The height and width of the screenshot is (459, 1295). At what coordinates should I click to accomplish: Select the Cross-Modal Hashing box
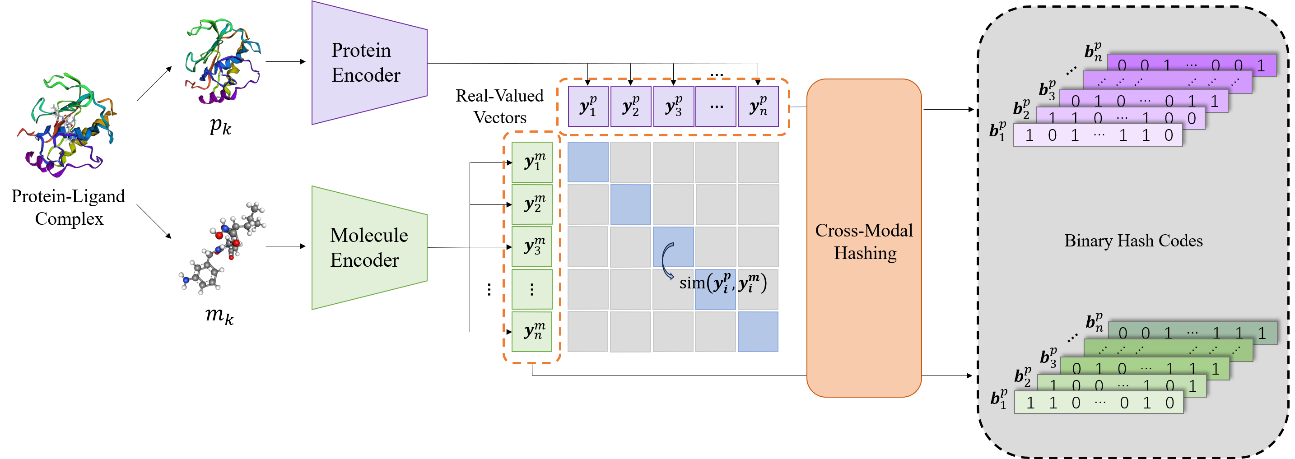(864, 238)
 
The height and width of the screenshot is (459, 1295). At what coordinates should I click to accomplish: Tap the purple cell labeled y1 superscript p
(588, 106)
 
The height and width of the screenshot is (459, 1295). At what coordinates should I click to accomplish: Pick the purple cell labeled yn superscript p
(758, 106)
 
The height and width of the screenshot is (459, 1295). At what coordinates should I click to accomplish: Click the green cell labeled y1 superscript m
(532, 162)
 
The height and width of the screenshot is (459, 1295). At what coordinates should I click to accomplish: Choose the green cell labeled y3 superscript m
(532, 246)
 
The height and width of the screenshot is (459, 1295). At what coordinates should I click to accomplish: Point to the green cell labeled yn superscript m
(532, 331)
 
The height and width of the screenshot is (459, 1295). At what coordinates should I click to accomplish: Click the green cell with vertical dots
(532, 289)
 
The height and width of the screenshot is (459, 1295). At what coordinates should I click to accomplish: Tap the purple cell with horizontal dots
(716, 106)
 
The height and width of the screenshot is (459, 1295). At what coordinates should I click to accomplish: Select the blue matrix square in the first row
(588, 162)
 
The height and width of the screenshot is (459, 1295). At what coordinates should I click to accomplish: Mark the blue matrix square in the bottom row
(758, 331)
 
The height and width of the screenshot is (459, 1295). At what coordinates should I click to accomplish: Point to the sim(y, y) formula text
(723, 283)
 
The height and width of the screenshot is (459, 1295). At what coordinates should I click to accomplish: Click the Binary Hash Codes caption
(1133, 241)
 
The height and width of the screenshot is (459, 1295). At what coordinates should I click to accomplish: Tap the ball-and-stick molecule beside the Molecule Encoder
(223, 248)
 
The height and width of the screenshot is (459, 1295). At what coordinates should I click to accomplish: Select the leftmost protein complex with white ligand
(65, 125)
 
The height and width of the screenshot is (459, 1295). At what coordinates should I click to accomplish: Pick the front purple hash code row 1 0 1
(1097, 135)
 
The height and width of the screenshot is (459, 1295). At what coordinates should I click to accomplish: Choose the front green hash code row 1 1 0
(1099, 403)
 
